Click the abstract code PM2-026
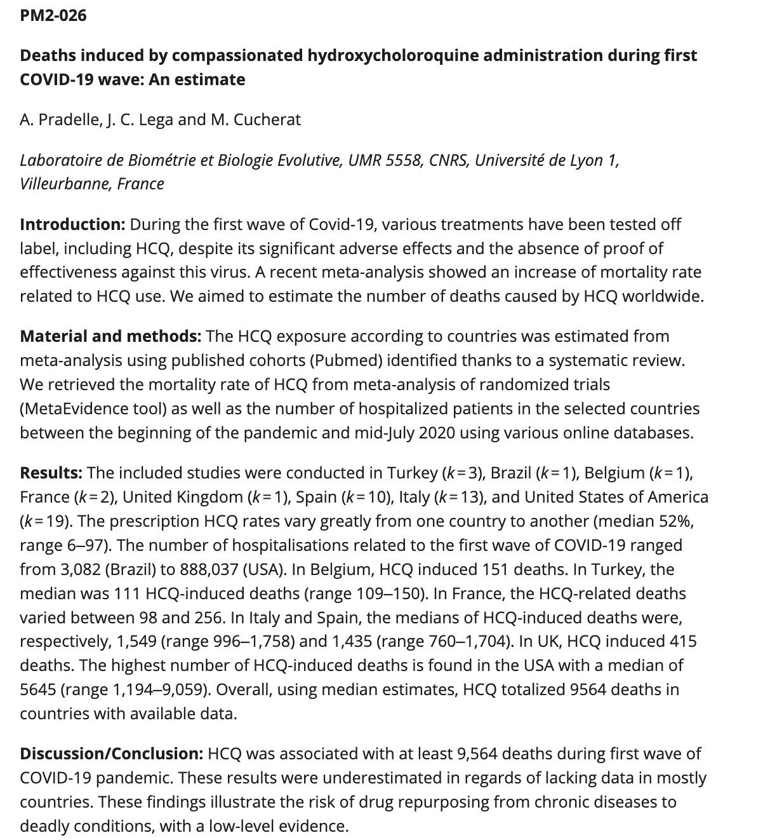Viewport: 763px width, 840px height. point(53,15)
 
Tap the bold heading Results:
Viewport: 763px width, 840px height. point(51,473)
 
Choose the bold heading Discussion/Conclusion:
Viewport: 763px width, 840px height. point(111,754)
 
